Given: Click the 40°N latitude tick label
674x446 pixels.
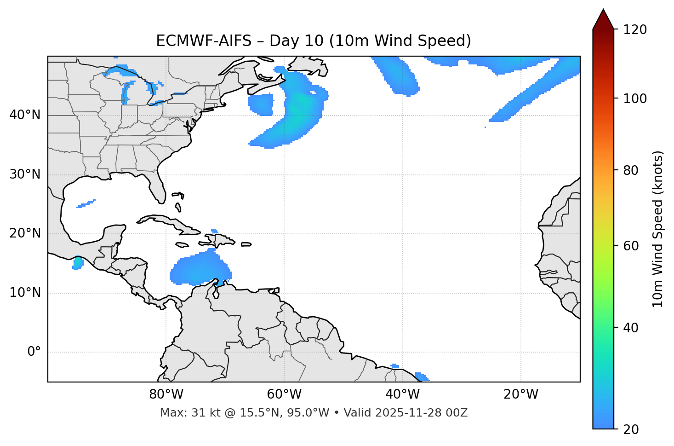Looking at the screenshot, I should pos(25,115).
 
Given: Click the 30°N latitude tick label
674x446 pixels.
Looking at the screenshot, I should pos(25,174).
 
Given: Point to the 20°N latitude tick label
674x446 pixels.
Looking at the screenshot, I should pos(25,233).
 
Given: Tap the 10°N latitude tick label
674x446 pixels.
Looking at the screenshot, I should pos(25,293).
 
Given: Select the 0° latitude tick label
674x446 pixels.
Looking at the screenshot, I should pos(34,352).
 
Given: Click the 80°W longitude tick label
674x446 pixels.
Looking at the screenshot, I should pos(166,394).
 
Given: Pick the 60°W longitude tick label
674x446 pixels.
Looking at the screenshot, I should pos(284,394).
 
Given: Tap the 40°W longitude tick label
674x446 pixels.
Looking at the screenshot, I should pos(402,394).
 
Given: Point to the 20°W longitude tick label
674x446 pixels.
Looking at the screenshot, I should pos(521,394).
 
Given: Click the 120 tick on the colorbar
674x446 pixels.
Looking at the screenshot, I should pos(634,30).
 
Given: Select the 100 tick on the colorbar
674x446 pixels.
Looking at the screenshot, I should pos(634,98).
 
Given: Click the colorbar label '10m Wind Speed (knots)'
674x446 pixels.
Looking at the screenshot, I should pos(658,229).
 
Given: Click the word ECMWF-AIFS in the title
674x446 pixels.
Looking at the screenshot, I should pos(204,41).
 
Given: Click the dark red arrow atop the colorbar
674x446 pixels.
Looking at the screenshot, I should pos(603,20).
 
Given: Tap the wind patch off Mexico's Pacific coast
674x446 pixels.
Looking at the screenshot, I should pos(78,264).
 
